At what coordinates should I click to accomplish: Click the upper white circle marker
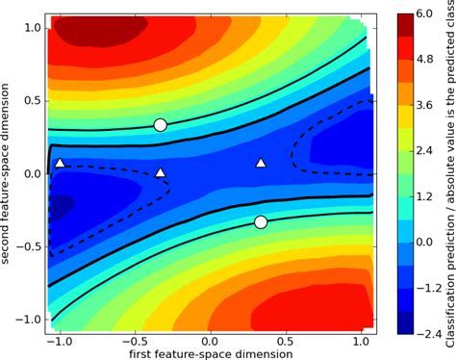(x=161, y=125)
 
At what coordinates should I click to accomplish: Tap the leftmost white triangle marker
(x=60, y=164)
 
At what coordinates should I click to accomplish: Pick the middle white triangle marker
(x=161, y=173)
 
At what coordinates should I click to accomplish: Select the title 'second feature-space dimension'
(x=9, y=173)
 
